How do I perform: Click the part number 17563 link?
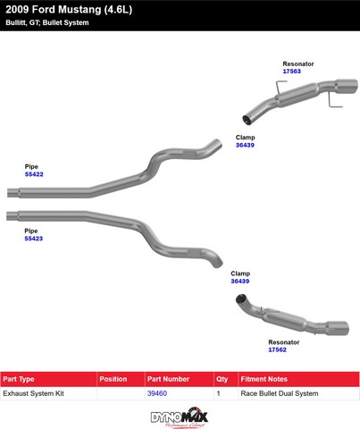click(291, 71)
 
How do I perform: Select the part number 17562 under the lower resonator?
click(277, 349)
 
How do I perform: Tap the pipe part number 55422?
click(34, 174)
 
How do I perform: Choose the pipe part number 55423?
click(34, 239)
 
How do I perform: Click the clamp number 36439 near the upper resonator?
click(245, 145)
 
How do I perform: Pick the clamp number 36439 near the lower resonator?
click(240, 282)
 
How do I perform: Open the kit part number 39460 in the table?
click(157, 393)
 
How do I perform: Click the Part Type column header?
click(19, 379)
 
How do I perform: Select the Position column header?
click(113, 379)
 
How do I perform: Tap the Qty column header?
click(222, 379)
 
